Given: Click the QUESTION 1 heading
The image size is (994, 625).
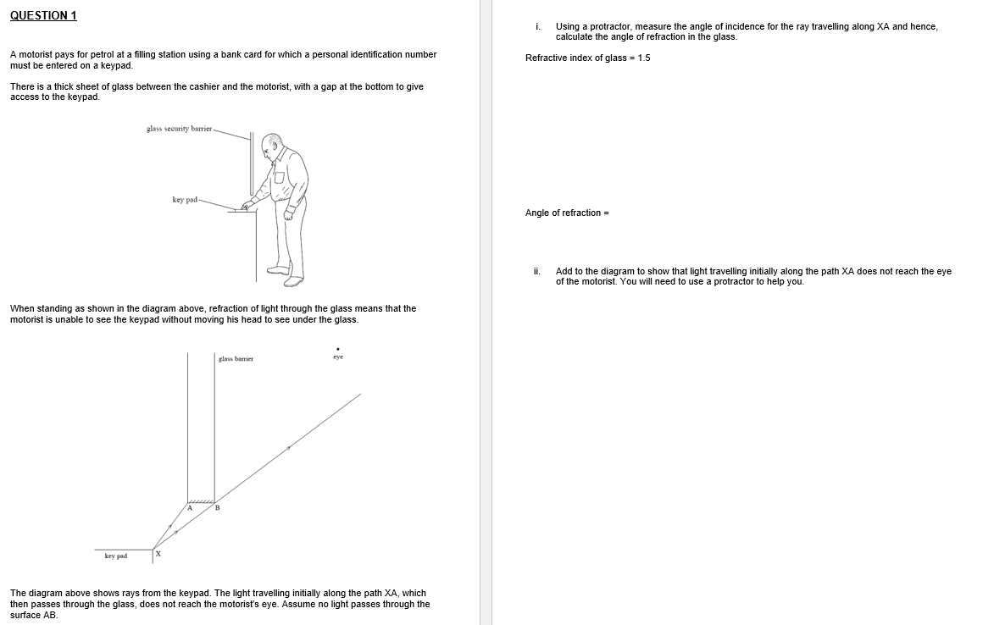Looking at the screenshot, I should coord(43,16).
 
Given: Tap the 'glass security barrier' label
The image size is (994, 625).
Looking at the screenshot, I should coord(178,129).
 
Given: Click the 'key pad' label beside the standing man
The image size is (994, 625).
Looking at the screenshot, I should coord(184,200).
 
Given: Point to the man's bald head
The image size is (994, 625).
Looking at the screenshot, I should coord(272,141).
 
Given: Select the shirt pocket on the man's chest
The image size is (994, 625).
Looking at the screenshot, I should coord(279,177).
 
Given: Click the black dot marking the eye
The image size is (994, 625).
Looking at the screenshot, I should coord(338,348).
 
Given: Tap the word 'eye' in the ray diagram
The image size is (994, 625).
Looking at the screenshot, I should coord(338,357).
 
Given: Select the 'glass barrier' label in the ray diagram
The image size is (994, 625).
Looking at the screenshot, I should coord(236,359).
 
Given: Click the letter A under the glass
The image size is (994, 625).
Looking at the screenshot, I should coord(190,507).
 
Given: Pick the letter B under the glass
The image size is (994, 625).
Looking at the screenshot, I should coord(217,507).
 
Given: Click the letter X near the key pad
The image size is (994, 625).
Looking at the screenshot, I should coord(158,555).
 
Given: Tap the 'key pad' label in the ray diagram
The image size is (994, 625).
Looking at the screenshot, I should coord(116,556).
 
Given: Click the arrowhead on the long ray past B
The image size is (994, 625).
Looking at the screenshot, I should coord(288,447).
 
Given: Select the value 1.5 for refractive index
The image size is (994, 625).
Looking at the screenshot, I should coord(643,58).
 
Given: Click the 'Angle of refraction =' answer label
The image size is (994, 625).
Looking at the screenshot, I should coord(567,213).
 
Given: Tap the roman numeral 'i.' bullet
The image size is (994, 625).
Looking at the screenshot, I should coord(537,27).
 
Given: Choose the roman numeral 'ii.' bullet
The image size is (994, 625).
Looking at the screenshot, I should coord(537,272).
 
